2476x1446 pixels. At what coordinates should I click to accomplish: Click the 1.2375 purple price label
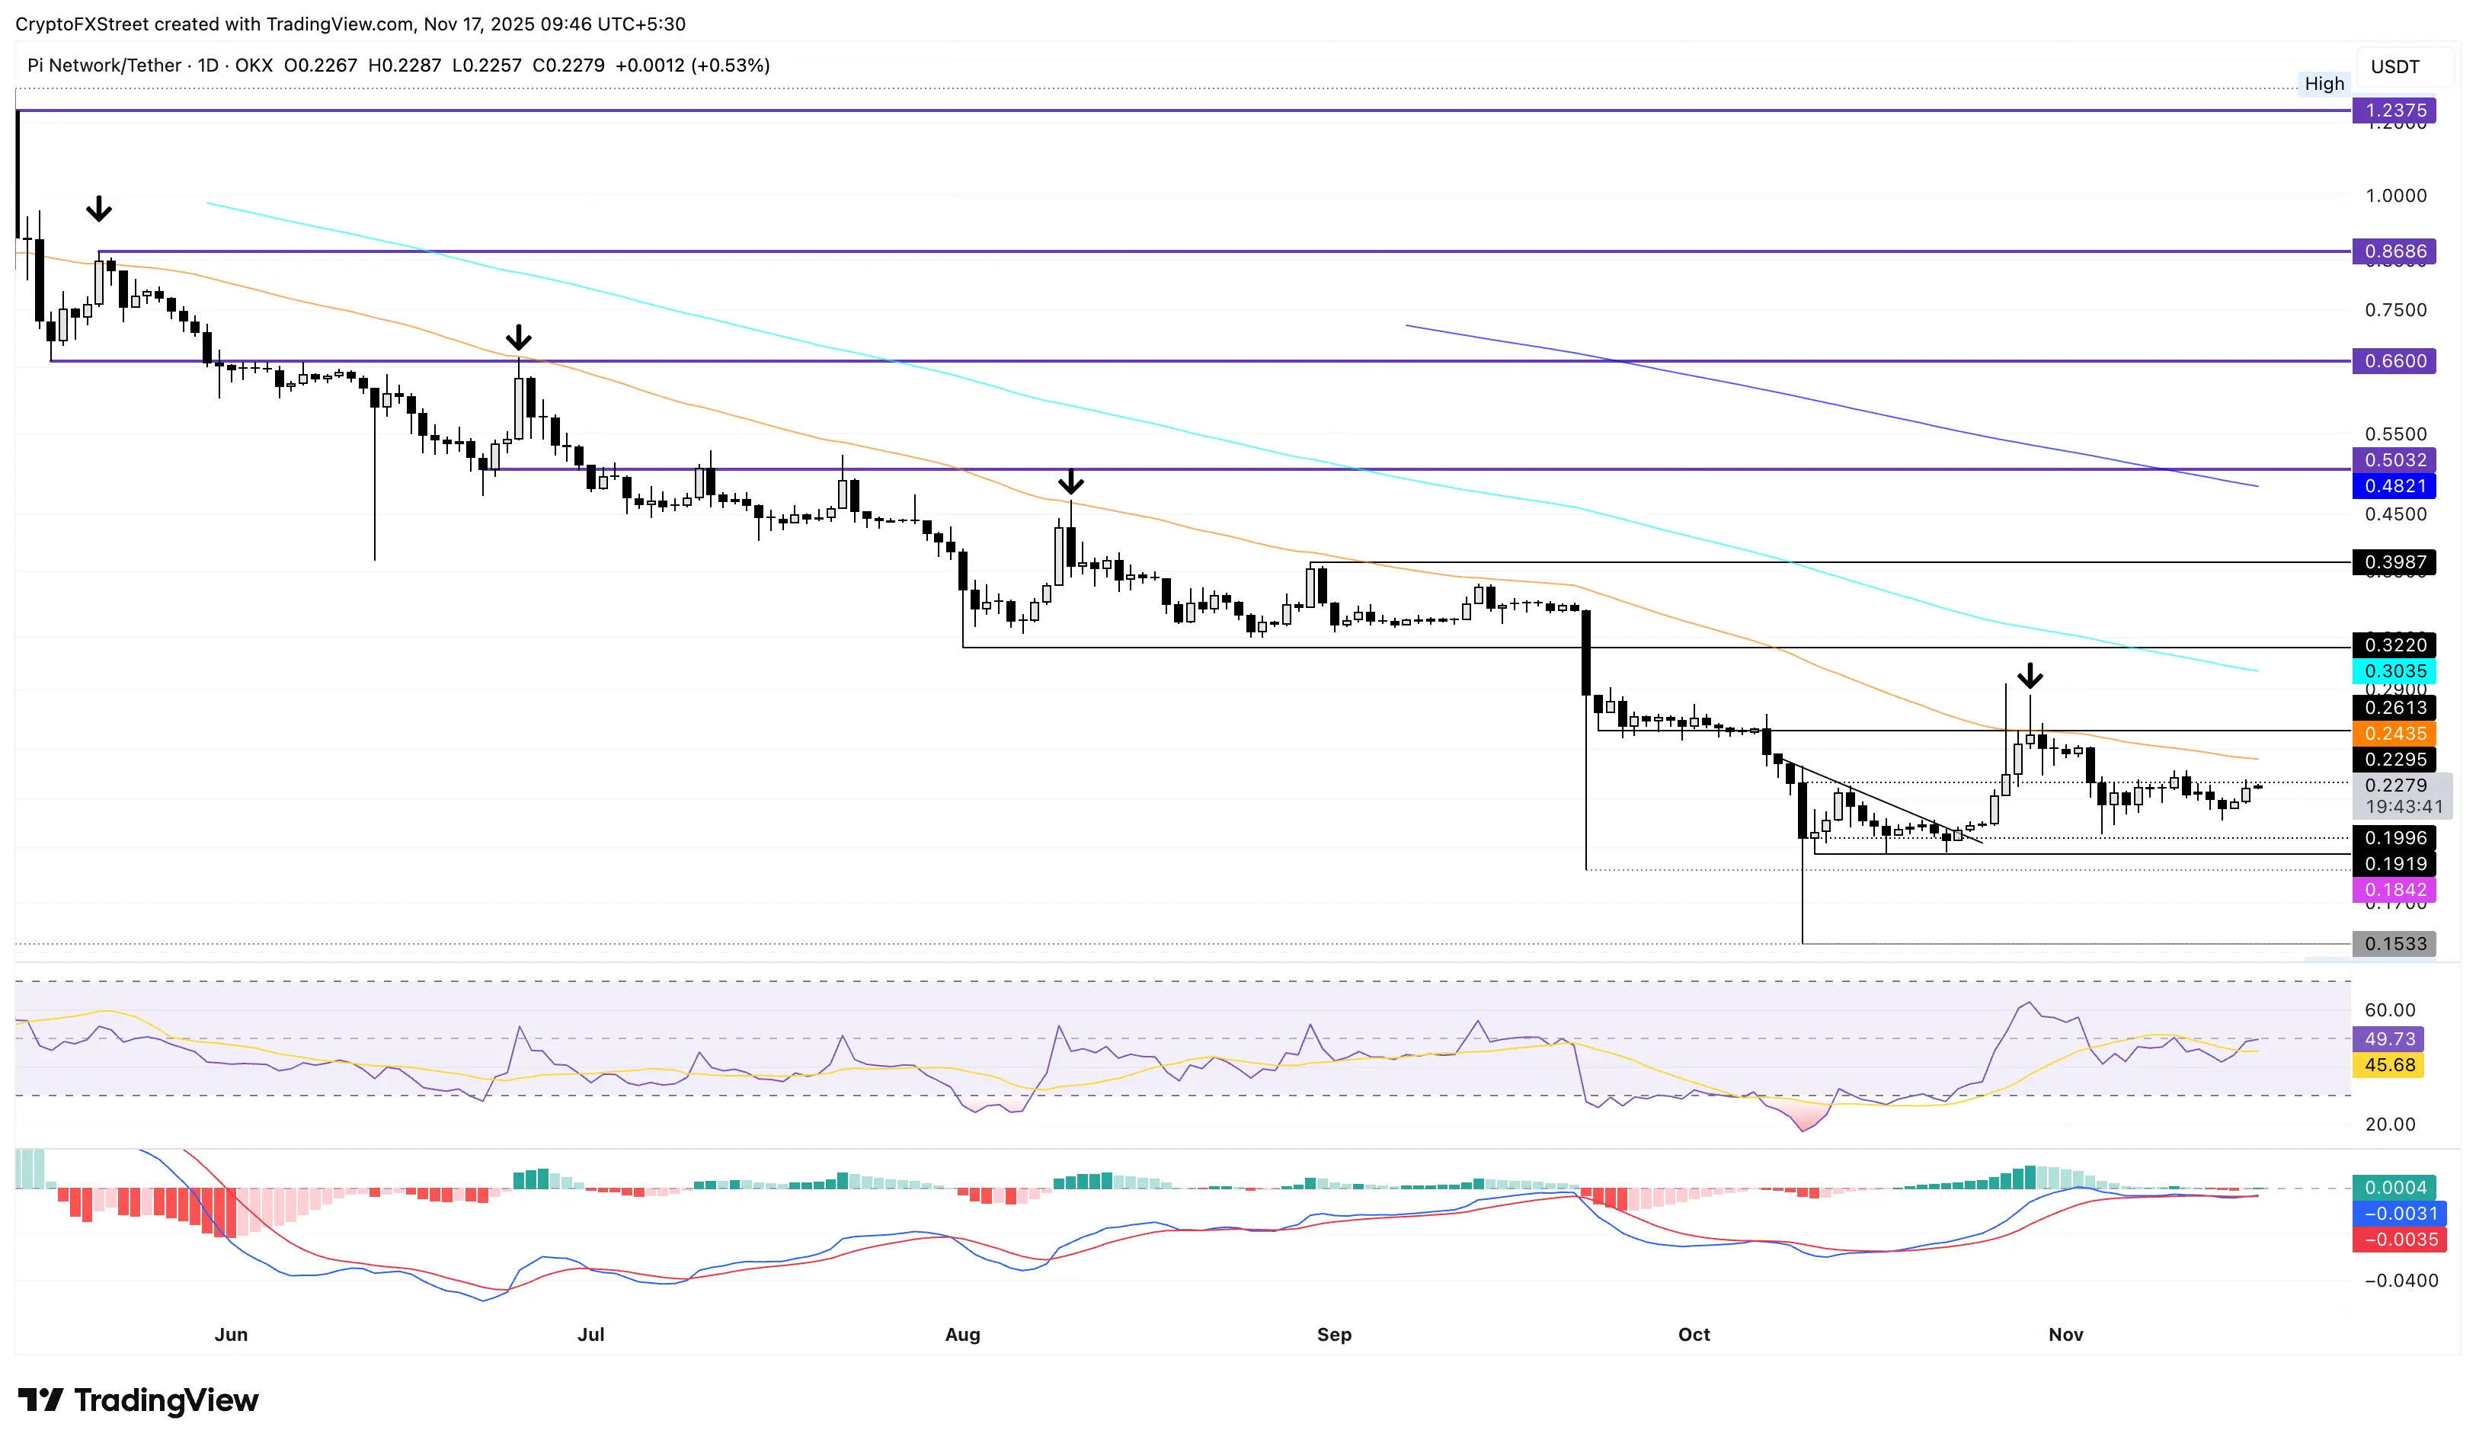(x=2394, y=110)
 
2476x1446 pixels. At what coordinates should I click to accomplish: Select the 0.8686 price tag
(x=2394, y=251)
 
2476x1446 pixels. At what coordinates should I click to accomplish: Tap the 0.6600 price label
(x=2394, y=360)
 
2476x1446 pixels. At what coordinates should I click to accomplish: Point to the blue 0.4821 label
(x=2394, y=485)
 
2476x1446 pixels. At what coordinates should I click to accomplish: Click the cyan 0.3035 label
(x=2394, y=671)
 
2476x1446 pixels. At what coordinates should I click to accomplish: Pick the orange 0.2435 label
(x=2394, y=734)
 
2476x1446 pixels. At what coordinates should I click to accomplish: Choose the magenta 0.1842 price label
(x=2394, y=890)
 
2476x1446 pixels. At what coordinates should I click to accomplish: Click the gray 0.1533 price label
(x=2394, y=944)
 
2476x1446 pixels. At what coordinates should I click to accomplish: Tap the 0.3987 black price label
(x=2394, y=562)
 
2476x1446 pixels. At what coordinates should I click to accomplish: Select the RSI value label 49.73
(x=2388, y=1039)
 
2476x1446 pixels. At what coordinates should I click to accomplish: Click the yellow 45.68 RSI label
(x=2388, y=1065)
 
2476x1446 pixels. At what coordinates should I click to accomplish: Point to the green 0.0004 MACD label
(x=2394, y=1188)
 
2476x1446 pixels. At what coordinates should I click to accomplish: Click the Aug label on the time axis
(x=962, y=1334)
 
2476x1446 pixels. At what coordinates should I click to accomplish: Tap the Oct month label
(x=1694, y=1334)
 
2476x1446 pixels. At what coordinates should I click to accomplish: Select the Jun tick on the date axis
(x=231, y=1334)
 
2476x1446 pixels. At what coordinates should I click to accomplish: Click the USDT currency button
(x=2394, y=67)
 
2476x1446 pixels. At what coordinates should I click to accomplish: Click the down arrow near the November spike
(x=2030, y=676)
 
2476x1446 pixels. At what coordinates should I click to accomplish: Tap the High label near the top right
(x=2324, y=84)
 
